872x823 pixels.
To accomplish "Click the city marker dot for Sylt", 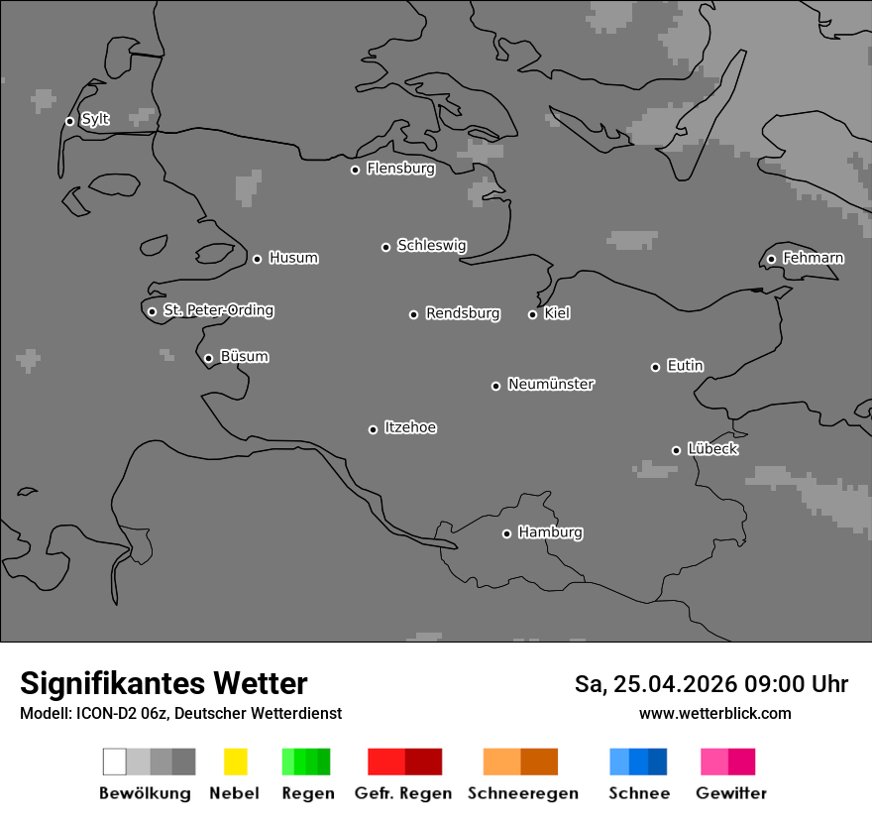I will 69,121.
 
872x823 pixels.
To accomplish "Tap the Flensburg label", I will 400,169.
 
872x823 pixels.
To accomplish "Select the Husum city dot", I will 257,259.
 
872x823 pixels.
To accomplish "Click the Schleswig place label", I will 431,245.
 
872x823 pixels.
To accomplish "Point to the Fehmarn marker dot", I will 771,259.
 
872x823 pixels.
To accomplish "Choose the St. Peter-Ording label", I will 218,310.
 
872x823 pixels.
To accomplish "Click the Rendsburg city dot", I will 413,314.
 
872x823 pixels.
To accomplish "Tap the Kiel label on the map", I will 557,313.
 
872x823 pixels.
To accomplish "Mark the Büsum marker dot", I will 208,358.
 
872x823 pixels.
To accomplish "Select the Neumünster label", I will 551,384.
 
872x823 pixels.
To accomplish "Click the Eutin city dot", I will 655,367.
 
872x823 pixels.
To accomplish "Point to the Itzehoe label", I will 410,427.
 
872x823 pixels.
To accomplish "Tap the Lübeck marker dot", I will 676,450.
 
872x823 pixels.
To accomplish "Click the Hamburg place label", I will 550,532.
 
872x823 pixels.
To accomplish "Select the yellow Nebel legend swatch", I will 235,762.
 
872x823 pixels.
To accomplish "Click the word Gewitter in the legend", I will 731,793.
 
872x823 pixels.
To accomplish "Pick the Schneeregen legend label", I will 523,793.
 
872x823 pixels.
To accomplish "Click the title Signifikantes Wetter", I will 163,683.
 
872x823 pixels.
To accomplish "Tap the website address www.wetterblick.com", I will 714,713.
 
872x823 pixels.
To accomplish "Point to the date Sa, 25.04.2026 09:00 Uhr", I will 710,684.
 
